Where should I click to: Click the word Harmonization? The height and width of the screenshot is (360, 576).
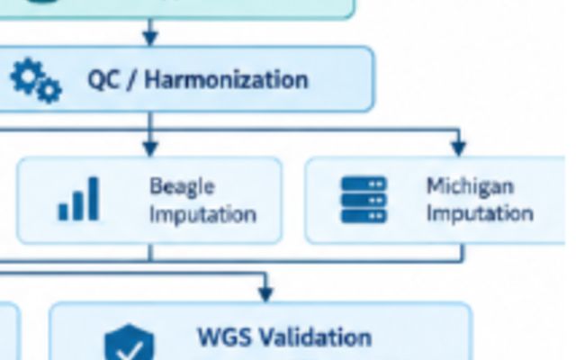[226, 80]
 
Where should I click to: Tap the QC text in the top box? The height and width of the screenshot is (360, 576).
[103, 80]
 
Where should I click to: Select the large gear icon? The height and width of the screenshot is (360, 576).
[27, 76]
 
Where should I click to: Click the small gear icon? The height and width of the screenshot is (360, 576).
[49, 90]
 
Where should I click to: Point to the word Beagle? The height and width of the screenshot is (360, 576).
[182, 187]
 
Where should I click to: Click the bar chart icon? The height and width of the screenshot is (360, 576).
[78, 199]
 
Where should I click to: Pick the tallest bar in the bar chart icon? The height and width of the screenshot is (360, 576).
[94, 199]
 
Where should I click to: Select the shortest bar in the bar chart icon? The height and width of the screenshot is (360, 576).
[63, 212]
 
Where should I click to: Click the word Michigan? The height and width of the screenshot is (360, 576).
[470, 186]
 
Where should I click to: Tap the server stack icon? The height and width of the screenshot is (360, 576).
[364, 200]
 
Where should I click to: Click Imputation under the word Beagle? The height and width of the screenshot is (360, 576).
[202, 214]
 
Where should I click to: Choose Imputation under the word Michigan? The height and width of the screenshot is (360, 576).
[480, 214]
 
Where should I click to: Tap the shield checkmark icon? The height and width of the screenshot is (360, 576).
[130, 342]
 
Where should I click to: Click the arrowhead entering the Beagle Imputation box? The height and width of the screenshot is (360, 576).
[150, 148]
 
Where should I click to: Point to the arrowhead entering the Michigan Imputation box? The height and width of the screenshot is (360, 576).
[458, 148]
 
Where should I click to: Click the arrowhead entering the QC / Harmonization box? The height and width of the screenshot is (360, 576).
[150, 38]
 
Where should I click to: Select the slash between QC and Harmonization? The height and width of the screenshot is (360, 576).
[130, 80]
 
